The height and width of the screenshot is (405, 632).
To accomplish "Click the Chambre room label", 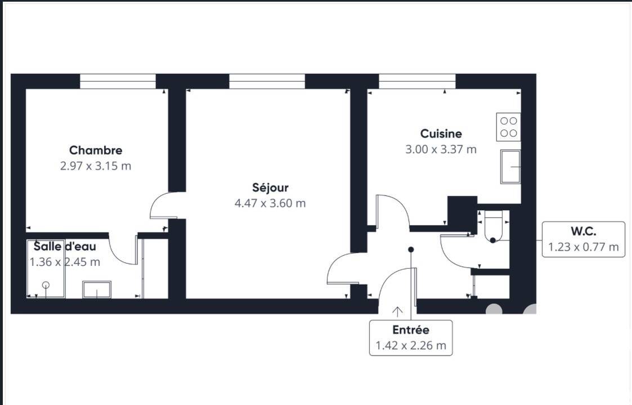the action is coord(96,150).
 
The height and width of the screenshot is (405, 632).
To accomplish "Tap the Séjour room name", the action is coord(270,187).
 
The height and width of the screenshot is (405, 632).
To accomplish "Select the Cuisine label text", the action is coord(441,133).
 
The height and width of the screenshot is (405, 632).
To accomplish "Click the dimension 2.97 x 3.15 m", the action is coord(96,166).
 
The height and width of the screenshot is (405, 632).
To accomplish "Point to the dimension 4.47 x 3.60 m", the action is coord(270,203).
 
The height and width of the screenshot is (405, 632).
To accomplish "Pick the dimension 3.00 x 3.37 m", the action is coord(441,149).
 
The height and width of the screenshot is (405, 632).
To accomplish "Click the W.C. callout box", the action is coord(583,239).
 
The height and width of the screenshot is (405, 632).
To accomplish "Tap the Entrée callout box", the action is coord(411,337).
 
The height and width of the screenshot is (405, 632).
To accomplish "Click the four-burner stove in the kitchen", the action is coord(508,127).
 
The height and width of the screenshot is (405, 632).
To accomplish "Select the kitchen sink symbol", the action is coord(510,167).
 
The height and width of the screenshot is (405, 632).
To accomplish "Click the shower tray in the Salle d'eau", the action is coord(46,269).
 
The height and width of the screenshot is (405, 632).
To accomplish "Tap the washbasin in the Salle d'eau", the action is coord(97,290).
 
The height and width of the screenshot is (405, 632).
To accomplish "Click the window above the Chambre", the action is coord(118,81).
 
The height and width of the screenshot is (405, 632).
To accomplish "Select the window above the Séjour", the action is coord(267,81).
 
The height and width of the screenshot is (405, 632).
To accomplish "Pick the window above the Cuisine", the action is coord(417,81).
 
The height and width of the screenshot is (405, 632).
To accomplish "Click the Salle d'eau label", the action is coord(65,246).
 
